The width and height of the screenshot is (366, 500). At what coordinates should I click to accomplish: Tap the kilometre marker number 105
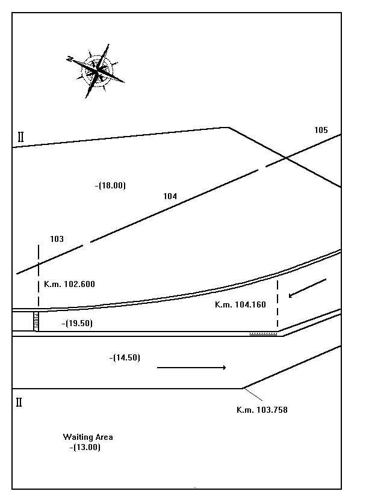pos(321,130)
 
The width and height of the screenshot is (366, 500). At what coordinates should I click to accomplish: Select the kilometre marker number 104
pos(170,196)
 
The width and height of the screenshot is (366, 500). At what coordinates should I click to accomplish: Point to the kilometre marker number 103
pos(57,239)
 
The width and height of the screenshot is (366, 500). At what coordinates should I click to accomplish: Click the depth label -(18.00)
pos(110,185)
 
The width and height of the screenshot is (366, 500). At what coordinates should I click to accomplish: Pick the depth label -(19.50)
pos(77,323)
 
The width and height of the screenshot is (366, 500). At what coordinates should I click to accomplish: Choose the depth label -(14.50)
pos(125,358)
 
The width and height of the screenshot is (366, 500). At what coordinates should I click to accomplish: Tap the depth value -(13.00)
pos(85,448)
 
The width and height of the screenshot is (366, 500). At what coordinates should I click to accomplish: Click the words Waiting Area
pos(88,437)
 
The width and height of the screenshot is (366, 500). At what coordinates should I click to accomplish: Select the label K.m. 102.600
pos(69,284)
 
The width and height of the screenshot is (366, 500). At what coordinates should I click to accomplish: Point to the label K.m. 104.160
pos(240,304)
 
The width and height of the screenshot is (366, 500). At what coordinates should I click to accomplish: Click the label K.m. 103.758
pos(262,410)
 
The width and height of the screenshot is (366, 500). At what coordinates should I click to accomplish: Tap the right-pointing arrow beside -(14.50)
pos(191,368)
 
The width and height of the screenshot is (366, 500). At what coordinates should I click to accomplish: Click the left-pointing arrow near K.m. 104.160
pos(307,288)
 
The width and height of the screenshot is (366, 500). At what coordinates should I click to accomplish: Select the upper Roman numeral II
pos(20,137)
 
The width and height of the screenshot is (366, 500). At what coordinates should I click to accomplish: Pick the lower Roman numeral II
pos(19,403)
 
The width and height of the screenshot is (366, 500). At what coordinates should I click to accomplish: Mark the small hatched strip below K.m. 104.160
pos(263,334)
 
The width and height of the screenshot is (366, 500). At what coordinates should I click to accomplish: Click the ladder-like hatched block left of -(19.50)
pos(36,322)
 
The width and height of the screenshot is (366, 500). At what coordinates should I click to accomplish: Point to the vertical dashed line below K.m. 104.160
pos(278,304)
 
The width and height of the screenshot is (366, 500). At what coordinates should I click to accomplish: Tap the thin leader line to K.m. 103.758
pos(253,395)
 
